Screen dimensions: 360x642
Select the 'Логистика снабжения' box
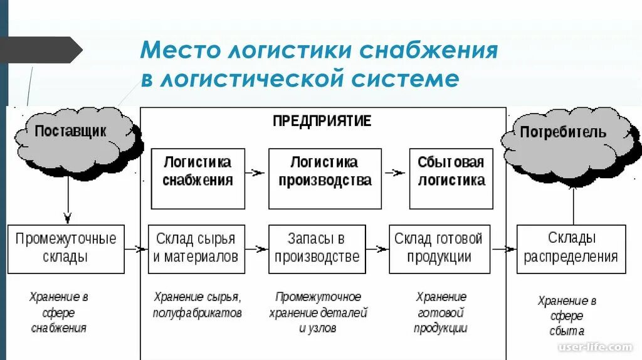(x=197, y=178)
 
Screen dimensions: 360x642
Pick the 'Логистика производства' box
(x=324, y=178)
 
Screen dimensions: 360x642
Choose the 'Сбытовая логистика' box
(x=451, y=178)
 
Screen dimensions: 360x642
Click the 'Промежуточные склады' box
(x=66, y=248)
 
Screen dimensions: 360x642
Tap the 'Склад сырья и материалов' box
(x=196, y=248)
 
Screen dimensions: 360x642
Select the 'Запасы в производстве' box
(x=317, y=248)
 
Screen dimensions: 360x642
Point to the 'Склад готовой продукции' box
(x=439, y=248)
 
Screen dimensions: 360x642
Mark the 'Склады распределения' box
(x=571, y=248)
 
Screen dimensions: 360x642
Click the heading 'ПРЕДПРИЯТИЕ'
(x=322, y=120)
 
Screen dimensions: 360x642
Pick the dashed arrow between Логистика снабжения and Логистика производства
(x=256, y=172)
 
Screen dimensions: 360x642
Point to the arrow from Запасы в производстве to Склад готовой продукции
(x=377, y=249)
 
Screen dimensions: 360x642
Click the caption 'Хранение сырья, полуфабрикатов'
(x=197, y=305)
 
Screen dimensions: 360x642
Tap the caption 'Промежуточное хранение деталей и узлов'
(x=318, y=312)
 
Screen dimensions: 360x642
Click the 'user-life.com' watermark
(x=603, y=347)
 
